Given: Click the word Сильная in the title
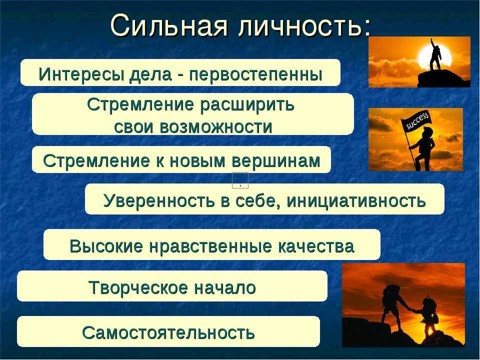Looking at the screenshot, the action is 169,25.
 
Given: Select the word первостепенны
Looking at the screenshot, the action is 255,74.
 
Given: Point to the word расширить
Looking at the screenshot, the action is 247,105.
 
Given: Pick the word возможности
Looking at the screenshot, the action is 216,126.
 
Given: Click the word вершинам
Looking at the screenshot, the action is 276,161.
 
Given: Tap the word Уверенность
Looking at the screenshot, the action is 159,201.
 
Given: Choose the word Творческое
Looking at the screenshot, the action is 138,288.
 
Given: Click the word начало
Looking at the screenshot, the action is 225,288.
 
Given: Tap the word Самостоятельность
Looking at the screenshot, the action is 168,332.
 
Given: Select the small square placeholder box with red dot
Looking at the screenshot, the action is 240,180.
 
